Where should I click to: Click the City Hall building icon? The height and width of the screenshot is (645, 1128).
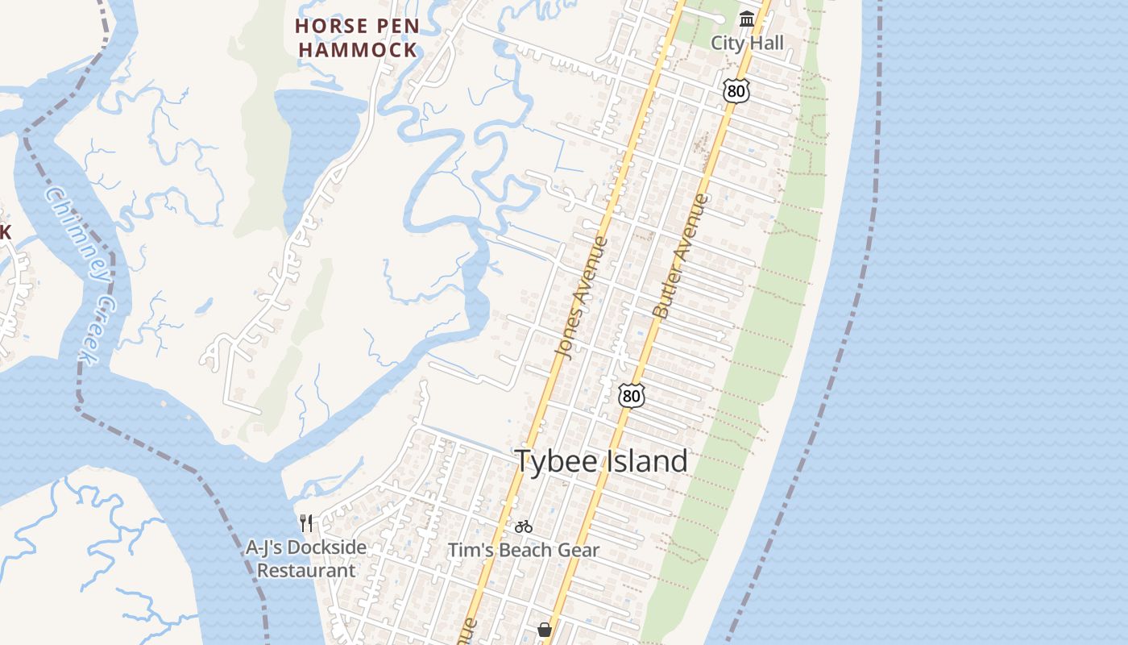(x=747, y=19)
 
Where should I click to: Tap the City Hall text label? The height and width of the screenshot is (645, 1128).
(x=747, y=43)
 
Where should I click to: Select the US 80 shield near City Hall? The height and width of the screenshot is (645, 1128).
(x=736, y=90)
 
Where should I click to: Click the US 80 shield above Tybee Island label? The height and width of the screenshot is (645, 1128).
(x=632, y=395)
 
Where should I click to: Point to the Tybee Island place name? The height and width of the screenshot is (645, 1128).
(x=601, y=461)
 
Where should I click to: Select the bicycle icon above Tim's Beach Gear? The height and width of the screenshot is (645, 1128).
(x=524, y=526)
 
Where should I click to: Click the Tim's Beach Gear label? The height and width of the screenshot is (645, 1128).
(x=524, y=551)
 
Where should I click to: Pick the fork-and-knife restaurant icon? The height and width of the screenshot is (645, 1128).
(x=306, y=523)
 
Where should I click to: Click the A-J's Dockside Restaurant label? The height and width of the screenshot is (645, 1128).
(x=306, y=559)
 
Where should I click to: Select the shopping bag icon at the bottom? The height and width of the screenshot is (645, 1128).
(x=545, y=629)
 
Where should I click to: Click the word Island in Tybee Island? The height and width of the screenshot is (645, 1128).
(x=645, y=461)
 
